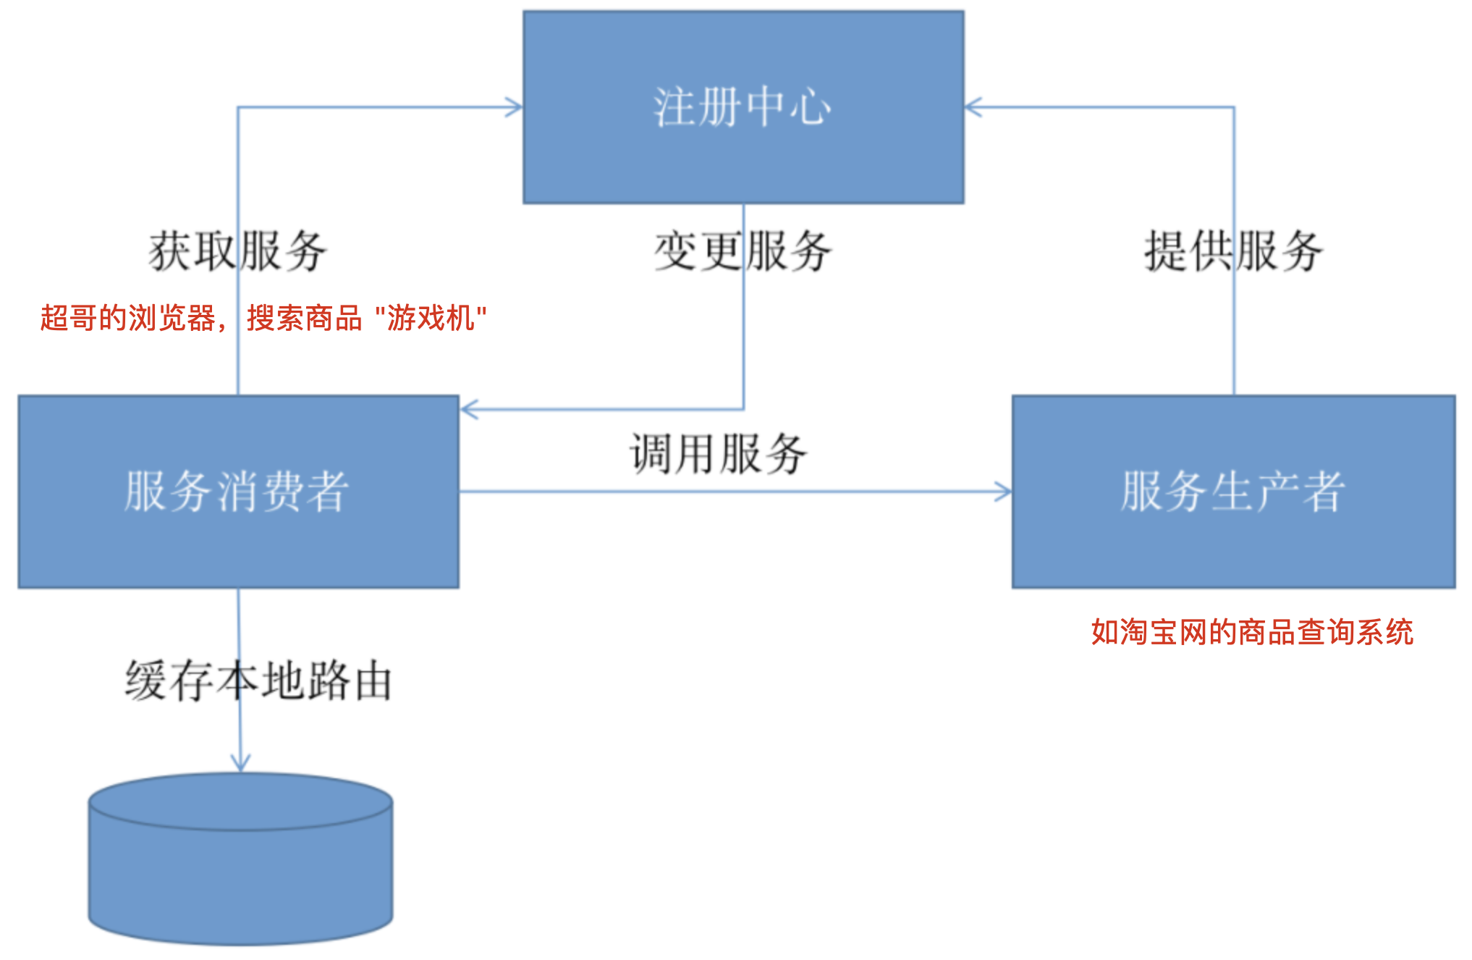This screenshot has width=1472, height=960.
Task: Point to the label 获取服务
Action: [238, 252]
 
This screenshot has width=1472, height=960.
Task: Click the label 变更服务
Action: [743, 252]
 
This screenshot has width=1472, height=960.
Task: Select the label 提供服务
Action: [1233, 252]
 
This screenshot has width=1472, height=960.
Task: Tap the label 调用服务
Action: [719, 455]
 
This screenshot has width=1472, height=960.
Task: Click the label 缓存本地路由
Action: [258, 681]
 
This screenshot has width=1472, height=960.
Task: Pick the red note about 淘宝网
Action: [1252, 632]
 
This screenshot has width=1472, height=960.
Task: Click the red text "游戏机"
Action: [431, 318]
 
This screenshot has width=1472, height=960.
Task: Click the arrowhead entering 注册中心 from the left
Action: [515, 108]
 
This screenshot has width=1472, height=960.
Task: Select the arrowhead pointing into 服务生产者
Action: [1004, 492]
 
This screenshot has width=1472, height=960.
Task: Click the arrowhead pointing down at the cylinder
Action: [240, 763]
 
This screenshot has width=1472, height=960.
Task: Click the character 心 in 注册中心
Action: [811, 108]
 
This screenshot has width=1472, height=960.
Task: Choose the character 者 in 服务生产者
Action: [1323, 492]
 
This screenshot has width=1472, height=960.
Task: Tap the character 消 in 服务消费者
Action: [237, 492]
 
